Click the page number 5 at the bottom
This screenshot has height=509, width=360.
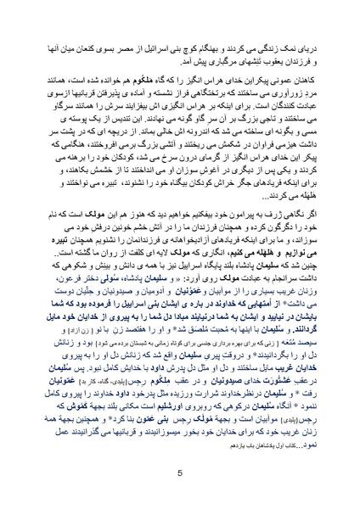[x=180, y=473]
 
